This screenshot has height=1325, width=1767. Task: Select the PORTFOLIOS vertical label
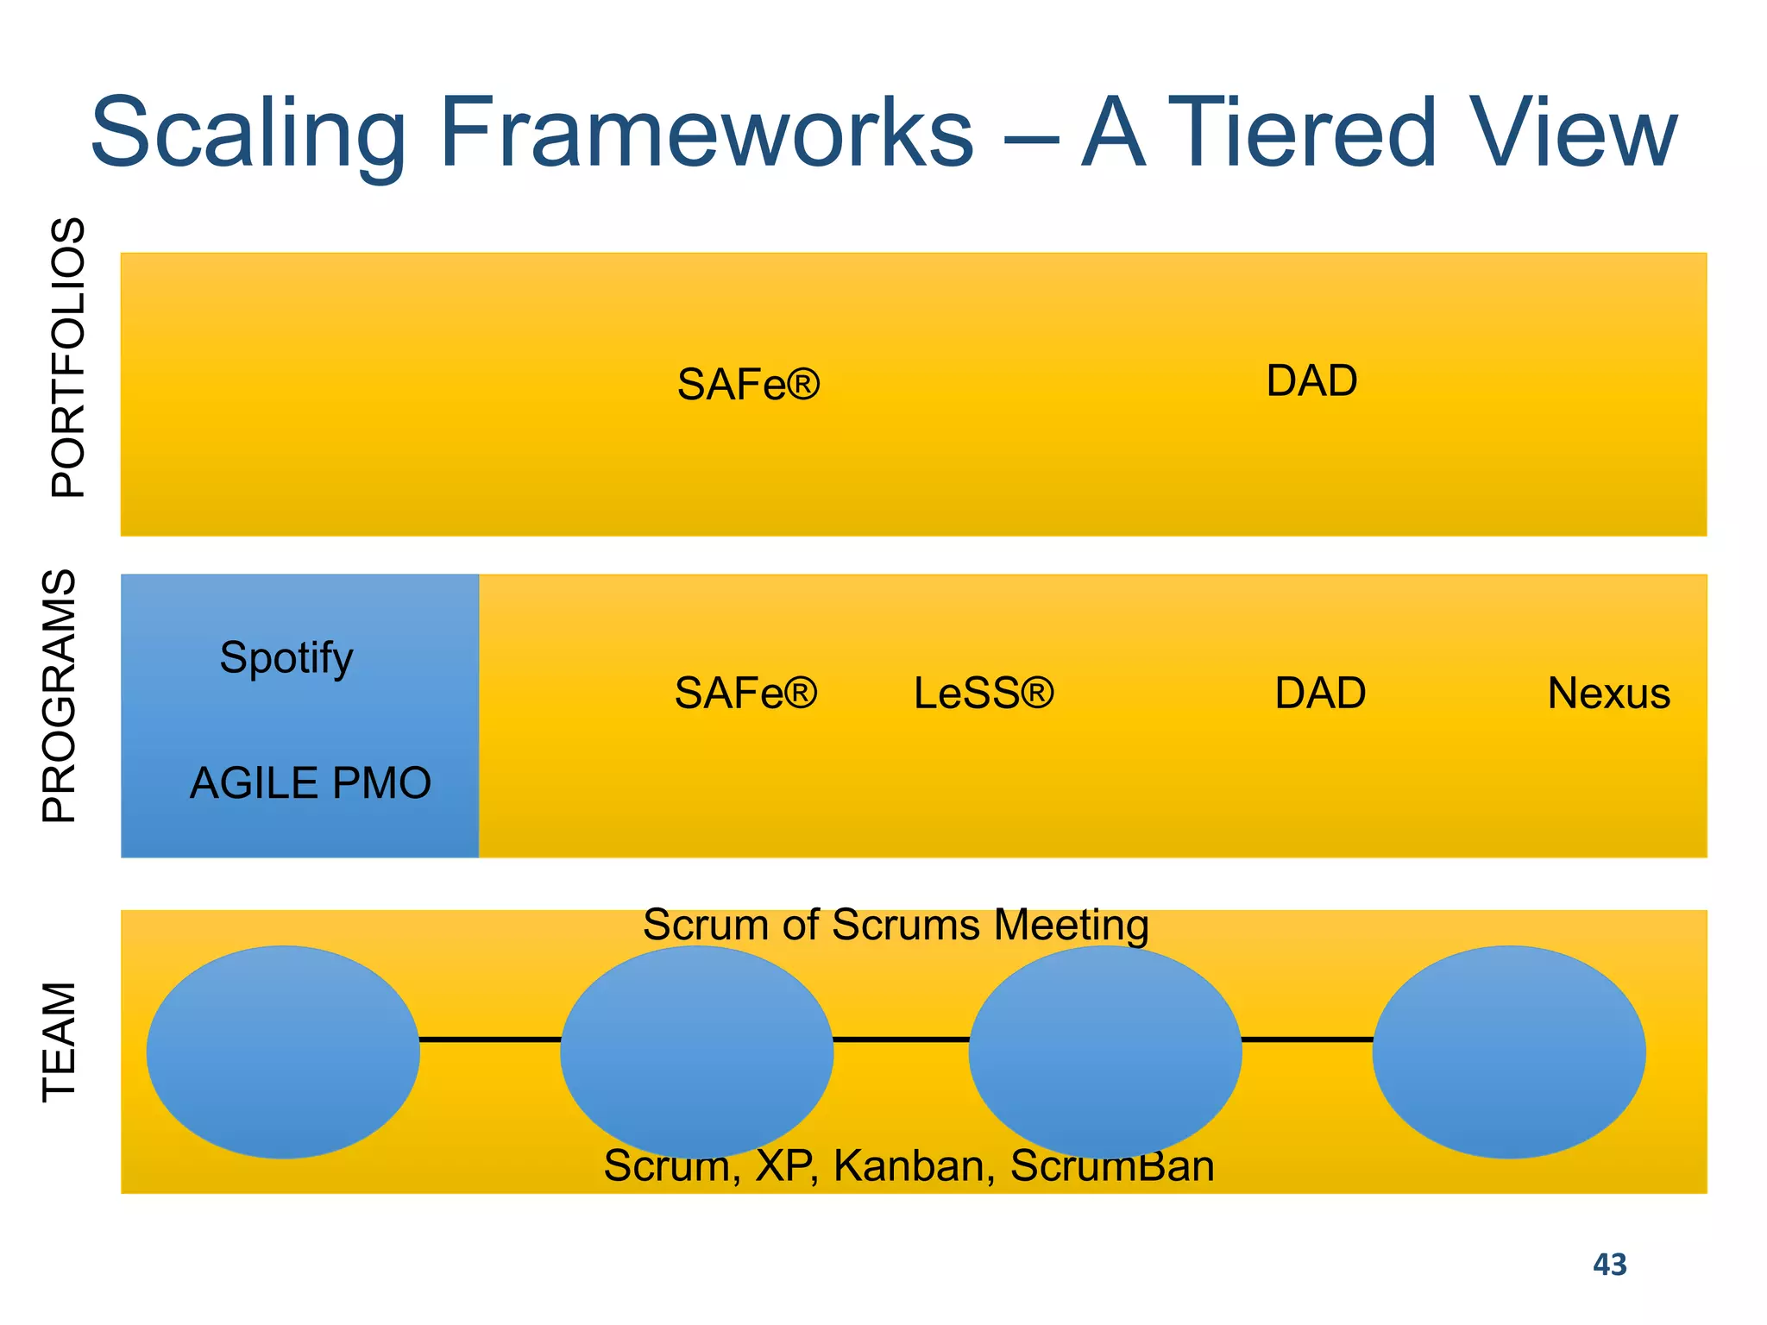(x=68, y=357)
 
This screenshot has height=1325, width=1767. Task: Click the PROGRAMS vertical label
(x=60, y=695)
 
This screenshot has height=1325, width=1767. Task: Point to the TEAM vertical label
(x=60, y=1041)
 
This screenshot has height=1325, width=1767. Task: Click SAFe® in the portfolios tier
(x=748, y=384)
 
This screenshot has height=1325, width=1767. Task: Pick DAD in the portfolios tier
(x=1311, y=380)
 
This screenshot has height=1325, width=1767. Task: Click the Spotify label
(x=286, y=658)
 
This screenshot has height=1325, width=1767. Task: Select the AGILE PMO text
(x=311, y=783)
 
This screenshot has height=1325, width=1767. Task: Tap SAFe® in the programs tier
(x=745, y=693)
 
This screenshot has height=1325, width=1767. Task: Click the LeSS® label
(x=984, y=693)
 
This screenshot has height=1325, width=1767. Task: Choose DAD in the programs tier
(x=1320, y=693)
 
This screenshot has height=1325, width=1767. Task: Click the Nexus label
(x=1608, y=693)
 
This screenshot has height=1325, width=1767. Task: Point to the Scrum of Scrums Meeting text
(x=896, y=925)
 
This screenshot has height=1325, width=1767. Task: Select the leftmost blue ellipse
(x=283, y=1052)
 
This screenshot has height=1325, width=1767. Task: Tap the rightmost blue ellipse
(x=1509, y=1052)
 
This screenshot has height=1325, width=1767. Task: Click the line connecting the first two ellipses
(x=490, y=1039)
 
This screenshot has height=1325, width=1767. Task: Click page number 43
(x=1609, y=1265)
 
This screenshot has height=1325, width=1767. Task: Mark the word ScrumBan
(x=1112, y=1166)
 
